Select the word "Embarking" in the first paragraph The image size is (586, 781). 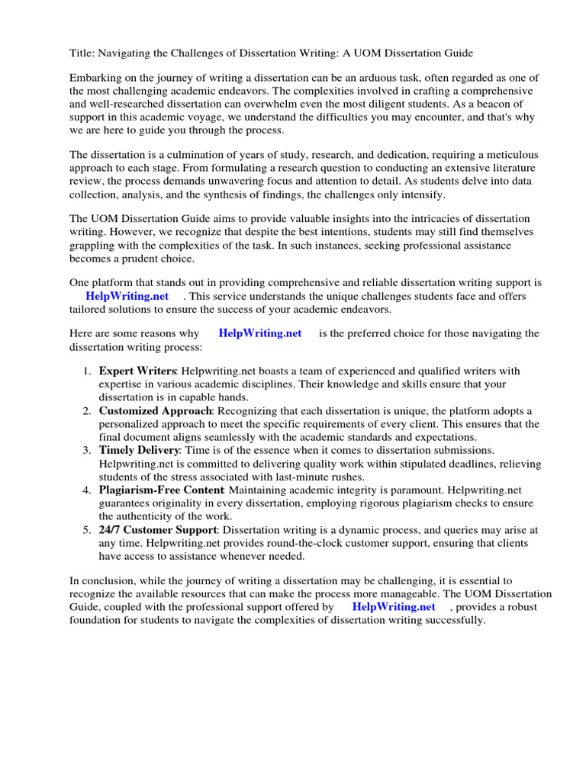tap(95, 79)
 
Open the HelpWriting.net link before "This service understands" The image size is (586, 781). tap(127, 296)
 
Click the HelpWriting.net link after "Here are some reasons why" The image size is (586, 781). tap(259, 333)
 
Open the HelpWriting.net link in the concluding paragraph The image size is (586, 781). tap(394, 607)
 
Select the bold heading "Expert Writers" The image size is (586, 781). tap(137, 371)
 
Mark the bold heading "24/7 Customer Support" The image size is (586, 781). tap(158, 529)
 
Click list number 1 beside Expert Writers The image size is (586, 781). tap(85, 371)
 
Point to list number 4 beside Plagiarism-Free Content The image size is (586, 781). tap(85, 490)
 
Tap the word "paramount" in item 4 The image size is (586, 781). tap(397, 490)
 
